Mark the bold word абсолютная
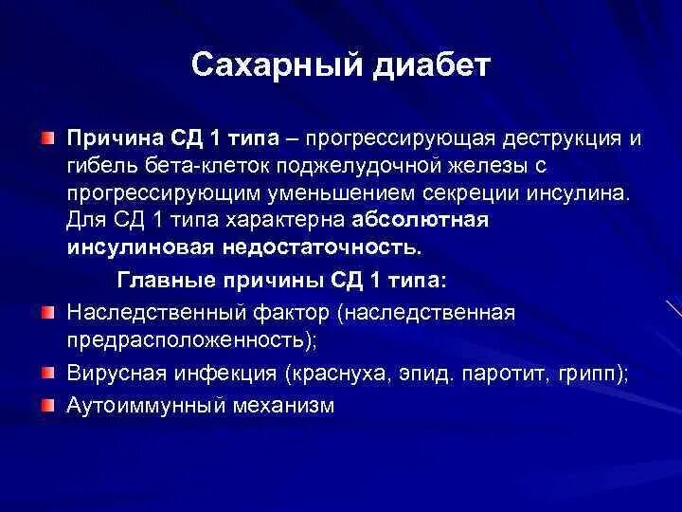(x=420, y=220)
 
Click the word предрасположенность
(x=186, y=338)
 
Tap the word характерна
(x=283, y=220)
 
